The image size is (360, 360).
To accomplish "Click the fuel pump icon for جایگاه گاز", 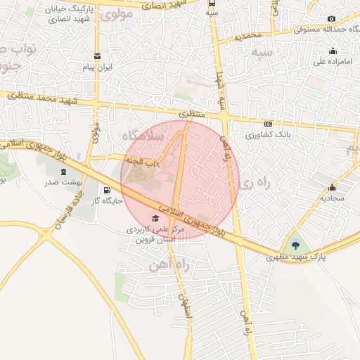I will (x=107, y=189).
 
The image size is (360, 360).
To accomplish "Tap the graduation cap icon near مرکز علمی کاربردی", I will (x=155, y=218).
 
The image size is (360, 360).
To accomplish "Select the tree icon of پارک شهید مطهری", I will (x=295, y=245).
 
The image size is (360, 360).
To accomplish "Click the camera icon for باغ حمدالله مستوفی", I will (x=332, y=19).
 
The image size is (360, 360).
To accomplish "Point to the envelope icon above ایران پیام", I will (x=97, y=56).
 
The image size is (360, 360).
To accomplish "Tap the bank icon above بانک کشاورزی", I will (x=267, y=122).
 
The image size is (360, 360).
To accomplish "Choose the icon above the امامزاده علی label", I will (x=333, y=51).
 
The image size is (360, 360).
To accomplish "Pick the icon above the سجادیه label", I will (x=333, y=187).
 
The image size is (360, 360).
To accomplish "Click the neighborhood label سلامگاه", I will (x=143, y=134).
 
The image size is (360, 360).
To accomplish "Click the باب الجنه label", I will (x=148, y=161).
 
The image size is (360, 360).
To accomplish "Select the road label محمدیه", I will (x=248, y=34).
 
